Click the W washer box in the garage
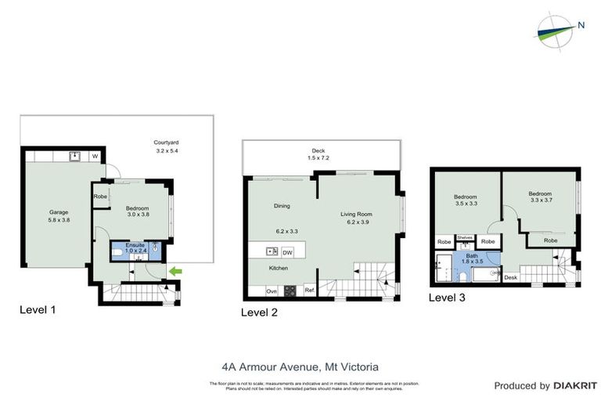95,156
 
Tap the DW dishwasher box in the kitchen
287,252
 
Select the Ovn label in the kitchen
272,291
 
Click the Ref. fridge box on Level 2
309,291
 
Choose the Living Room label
356,213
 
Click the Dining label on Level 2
282,206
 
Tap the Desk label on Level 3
510,277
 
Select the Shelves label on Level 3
465,237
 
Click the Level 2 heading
259,312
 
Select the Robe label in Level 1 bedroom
101,197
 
